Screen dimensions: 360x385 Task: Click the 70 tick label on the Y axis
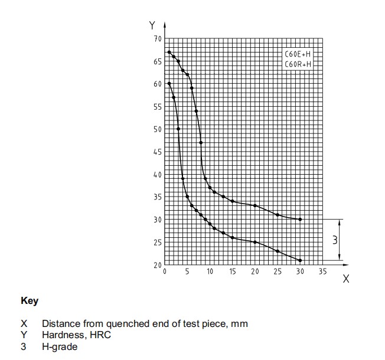coord(158,39)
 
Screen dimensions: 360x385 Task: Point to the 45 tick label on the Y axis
coord(158,152)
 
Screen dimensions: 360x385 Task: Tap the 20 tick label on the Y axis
coord(158,265)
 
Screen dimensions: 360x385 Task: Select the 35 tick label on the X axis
coord(323,271)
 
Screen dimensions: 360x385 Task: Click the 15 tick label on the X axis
coord(233,271)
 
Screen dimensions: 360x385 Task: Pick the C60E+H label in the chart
coord(297,54)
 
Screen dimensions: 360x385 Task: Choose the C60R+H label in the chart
coord(297,64)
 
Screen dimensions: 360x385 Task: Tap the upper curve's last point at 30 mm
coord(301,219)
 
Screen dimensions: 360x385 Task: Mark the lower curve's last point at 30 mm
coord(301,260)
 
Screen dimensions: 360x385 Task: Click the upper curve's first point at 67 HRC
coord(169,52)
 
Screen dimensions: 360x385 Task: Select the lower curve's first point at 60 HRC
coord(169,84)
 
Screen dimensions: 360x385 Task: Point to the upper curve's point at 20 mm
coord(255,205)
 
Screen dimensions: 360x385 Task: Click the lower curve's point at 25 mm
coord(278,251)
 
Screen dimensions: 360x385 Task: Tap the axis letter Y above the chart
coord(152,25)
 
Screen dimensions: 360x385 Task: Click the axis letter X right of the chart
coord(346,279)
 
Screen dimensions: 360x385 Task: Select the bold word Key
coord(30,301)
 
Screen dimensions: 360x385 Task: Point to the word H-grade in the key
coord(59,346)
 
